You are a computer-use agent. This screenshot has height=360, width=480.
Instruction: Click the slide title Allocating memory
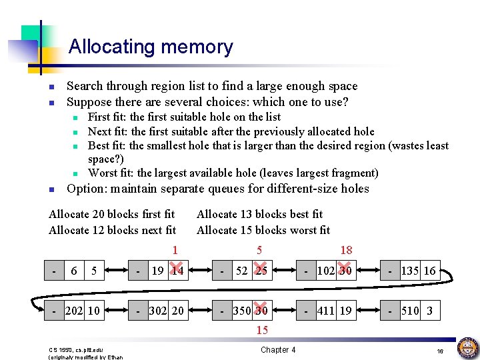click(151, 47)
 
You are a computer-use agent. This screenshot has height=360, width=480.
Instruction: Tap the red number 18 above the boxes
click(346, 250)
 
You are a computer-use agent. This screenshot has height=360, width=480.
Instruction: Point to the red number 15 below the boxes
click(262, 330)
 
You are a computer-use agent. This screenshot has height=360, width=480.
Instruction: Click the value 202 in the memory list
click(75, 311)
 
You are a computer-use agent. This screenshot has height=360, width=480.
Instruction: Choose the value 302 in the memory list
click(157, 311)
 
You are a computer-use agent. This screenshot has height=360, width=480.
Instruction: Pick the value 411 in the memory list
click(326, 311)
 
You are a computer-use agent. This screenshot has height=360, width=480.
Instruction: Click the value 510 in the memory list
click(411, 311)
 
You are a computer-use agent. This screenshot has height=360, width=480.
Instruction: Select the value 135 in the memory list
click(411, 271)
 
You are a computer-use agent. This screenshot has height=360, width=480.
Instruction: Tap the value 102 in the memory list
click(326, 271)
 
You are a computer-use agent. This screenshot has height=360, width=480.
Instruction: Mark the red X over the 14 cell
click(177, 270)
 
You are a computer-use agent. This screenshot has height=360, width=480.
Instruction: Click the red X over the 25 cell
click(261, 270)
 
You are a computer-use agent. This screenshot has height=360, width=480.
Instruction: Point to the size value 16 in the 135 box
click(429, 271)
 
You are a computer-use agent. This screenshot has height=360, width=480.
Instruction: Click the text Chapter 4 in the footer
click(278, 349)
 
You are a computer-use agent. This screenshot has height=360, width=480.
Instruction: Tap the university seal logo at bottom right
click(467, 348)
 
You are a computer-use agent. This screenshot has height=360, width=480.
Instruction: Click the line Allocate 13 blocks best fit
click(259, 214)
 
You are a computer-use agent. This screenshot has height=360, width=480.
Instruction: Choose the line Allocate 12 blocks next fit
click(112, 230)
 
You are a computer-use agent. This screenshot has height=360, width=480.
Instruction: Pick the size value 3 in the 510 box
click(429, 311)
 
